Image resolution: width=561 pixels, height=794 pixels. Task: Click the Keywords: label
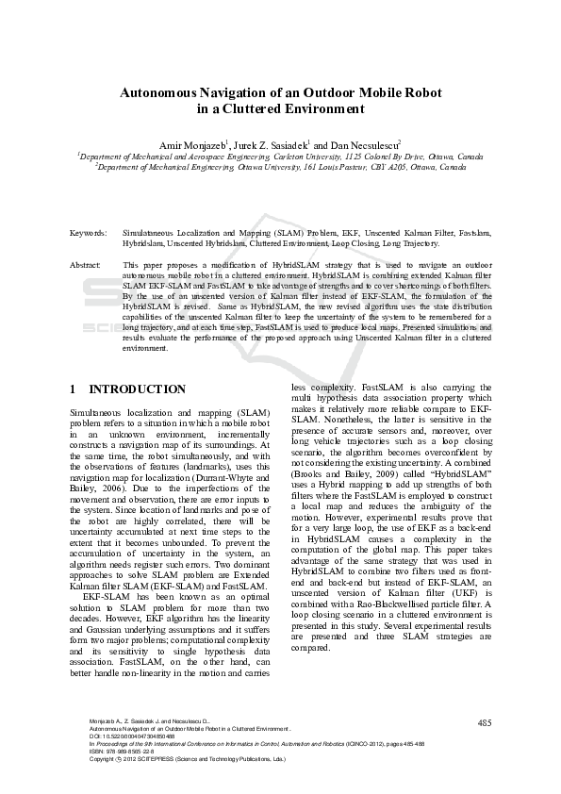pos(89,231)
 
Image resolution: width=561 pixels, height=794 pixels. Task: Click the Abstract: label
pos(87,265)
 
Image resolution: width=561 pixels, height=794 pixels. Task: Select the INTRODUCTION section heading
pos(137,389)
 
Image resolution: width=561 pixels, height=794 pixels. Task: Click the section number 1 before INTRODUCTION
pos(74,389)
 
